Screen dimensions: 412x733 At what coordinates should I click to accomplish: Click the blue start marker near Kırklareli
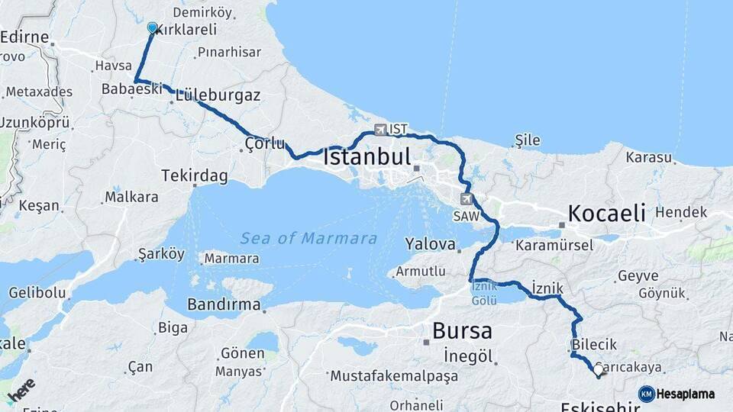pos(152,28)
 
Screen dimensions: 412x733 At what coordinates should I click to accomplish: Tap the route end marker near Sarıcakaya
pos(598,372)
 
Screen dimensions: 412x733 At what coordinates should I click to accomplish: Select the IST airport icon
pos(380,130)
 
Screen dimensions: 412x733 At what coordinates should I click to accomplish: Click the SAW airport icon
pos(467,199)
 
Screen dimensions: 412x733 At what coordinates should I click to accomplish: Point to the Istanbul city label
pos(367,157)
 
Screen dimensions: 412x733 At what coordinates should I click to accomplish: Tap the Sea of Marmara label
pos(308,238)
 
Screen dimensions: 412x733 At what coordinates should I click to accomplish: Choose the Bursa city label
pos(462,331)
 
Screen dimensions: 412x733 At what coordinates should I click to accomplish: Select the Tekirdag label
pos(195,176)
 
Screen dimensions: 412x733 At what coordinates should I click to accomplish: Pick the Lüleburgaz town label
pos(218,97)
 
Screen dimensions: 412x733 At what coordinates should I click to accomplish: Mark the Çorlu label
pos(265,143)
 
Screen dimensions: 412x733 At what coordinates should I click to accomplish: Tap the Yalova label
pos(431,245)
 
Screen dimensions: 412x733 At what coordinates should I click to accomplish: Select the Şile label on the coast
pos(528,140)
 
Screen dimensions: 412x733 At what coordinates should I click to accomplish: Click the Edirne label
pos(24,37)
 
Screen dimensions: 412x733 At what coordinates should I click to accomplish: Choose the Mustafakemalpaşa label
pos(394,375)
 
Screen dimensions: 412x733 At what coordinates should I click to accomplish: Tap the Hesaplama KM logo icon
pos(647,394)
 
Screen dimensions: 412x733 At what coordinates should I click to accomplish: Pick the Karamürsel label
pos(554,246)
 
